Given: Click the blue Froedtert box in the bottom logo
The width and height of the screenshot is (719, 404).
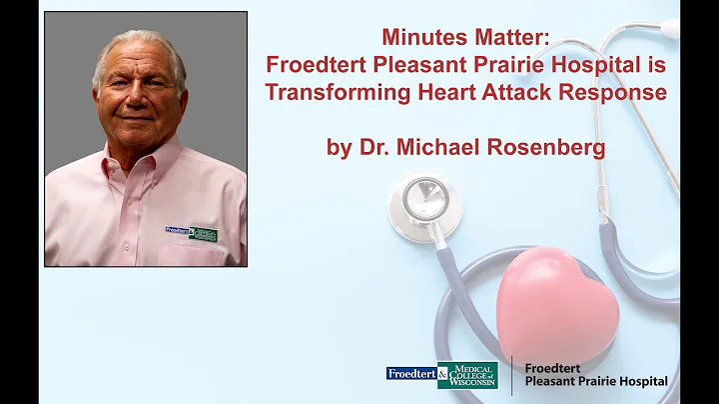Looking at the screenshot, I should pyautogui.click(x=410, y=373).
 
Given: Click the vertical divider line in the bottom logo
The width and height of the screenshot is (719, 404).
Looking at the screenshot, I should pyautogui.click(x=511, y=375).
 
